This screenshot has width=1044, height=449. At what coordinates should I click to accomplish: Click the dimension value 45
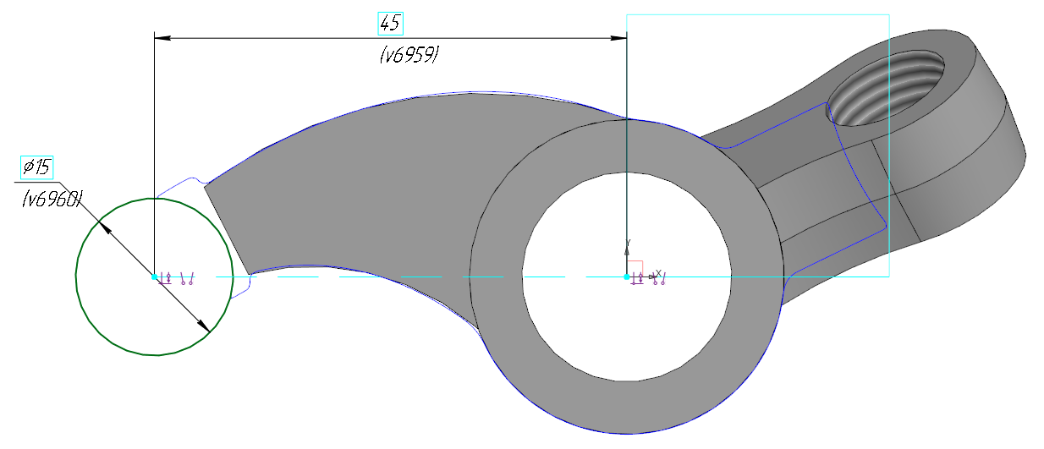click(390, 24)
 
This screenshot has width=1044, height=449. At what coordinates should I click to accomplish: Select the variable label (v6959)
click(409, 55)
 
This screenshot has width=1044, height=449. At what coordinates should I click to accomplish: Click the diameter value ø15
click(37, 167)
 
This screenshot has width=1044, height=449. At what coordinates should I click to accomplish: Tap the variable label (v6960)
click(52, 200)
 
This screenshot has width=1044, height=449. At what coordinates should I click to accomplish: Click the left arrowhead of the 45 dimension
click(162, 38)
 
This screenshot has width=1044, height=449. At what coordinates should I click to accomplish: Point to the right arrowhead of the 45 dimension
click(618, 38)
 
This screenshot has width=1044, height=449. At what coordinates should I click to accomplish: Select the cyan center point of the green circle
click(154, 277)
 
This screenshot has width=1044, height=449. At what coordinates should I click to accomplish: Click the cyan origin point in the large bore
click(627, 277)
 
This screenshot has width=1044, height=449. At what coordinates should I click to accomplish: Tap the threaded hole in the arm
click(886, 88)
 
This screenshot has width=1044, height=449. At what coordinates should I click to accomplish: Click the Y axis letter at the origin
click(629, 243)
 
